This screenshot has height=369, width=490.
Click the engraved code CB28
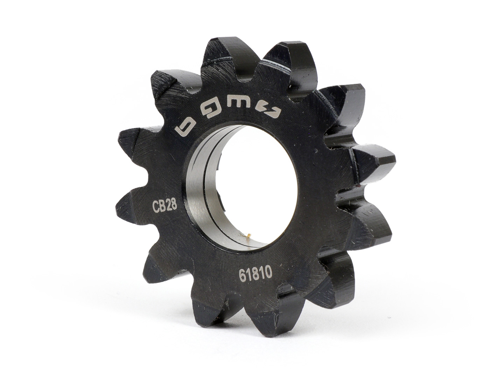164,206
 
